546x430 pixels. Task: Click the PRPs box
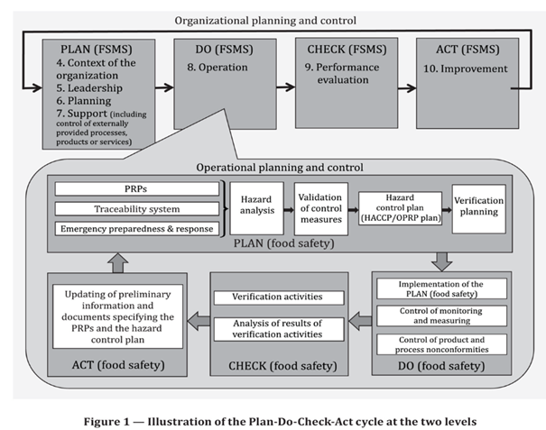(x=137, y=189)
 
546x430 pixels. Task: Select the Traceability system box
(x=137, y=208)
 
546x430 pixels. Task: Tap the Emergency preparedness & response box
(x=137, y=228)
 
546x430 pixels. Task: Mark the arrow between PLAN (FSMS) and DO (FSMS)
(x=163, y=88)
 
